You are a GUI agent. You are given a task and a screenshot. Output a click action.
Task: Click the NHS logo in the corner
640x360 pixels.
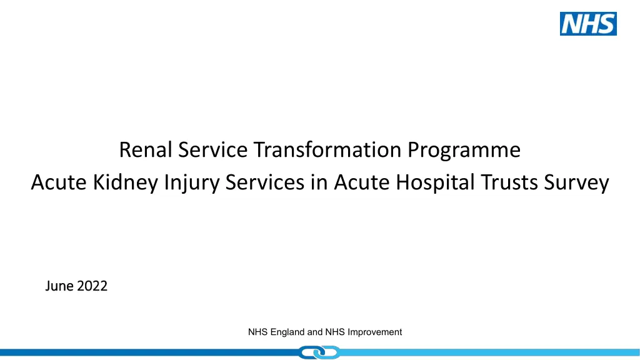[588, 24]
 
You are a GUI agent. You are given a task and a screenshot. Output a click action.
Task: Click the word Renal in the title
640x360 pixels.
[145, 149]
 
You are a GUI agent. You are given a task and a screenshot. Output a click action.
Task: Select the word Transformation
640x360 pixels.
[327, 149]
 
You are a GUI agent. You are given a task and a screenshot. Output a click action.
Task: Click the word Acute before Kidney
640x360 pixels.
[59, 182]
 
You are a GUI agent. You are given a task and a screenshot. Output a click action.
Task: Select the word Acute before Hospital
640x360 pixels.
[362, 182]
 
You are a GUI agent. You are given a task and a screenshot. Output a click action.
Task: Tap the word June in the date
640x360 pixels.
[59, 286]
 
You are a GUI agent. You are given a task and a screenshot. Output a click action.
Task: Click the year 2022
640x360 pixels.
[92, 286]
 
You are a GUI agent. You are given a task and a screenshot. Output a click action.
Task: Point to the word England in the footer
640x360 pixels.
[287, 332]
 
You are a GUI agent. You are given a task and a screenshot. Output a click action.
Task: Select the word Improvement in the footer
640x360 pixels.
[375, 332]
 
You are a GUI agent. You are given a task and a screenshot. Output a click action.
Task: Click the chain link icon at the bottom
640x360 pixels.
[319, 352]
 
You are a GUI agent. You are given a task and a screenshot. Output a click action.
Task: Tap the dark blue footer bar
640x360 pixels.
[149, 352]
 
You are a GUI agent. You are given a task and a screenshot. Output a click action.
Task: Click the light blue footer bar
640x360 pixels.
[490, 352]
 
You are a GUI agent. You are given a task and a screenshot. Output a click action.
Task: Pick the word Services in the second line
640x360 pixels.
[265, 182]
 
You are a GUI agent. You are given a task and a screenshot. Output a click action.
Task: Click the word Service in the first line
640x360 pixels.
[212, 149]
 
